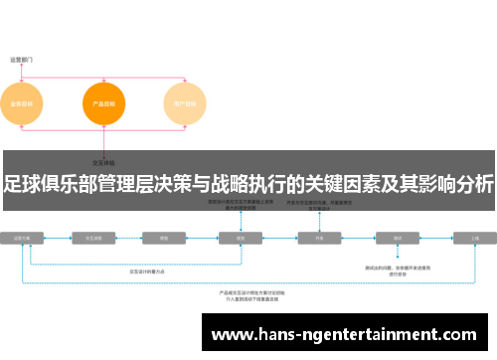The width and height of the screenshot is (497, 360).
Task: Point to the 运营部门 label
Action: coord(23,60)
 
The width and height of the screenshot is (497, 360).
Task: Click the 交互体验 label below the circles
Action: coord(104,161)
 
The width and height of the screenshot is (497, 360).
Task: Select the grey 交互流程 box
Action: coord(95,239)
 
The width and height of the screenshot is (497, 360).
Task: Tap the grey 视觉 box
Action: coord(241,239)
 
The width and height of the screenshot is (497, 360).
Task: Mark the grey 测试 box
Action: coord(398,239)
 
